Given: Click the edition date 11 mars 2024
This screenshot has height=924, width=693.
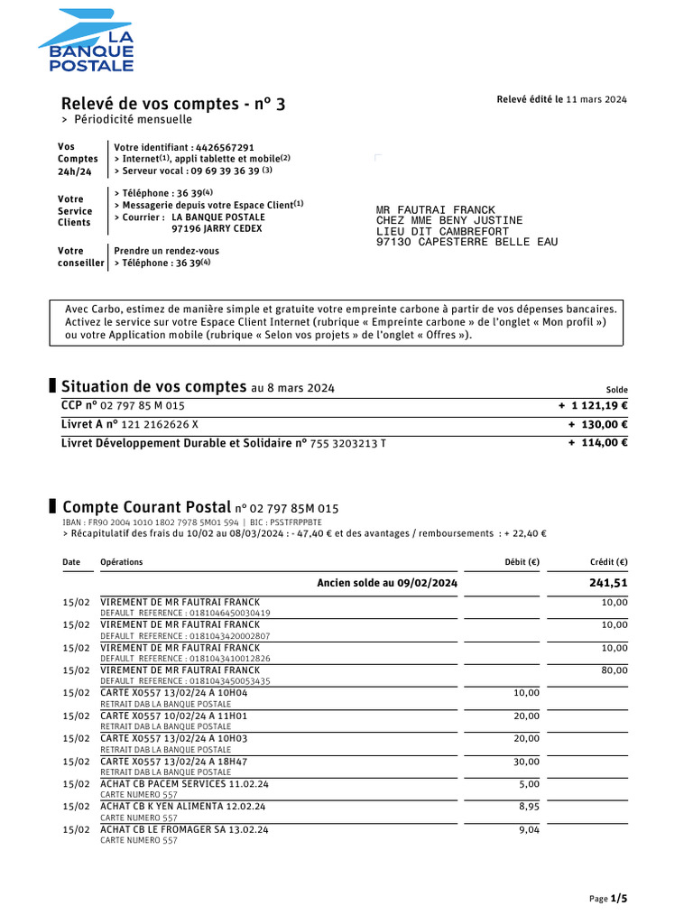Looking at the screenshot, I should [596, 99].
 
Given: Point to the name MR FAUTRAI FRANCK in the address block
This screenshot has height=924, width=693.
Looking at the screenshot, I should [436, 209].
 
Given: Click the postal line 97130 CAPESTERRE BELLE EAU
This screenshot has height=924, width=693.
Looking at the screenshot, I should [467, 242].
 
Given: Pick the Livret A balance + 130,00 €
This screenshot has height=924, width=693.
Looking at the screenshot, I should [598, 424].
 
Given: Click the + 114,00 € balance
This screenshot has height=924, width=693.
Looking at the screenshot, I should [598, 442].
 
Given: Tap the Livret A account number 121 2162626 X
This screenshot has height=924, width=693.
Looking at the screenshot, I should [154, 424].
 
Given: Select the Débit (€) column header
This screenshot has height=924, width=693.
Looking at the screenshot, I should [522, 562].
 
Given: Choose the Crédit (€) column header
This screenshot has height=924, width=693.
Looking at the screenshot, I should [608, 562].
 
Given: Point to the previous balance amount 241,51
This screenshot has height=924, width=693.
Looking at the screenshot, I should [607, 583].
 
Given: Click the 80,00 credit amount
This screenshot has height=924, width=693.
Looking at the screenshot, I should [614, 670].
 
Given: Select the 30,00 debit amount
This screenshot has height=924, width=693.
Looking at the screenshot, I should [527, 762].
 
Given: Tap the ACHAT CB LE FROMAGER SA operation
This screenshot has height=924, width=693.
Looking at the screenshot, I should [184, 829].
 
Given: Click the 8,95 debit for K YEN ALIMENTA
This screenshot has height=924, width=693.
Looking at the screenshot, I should [529, 807].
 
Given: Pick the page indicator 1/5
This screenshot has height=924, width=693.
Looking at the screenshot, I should [619, 899].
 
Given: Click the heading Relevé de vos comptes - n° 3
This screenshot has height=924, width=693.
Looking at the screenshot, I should [173, 104].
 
